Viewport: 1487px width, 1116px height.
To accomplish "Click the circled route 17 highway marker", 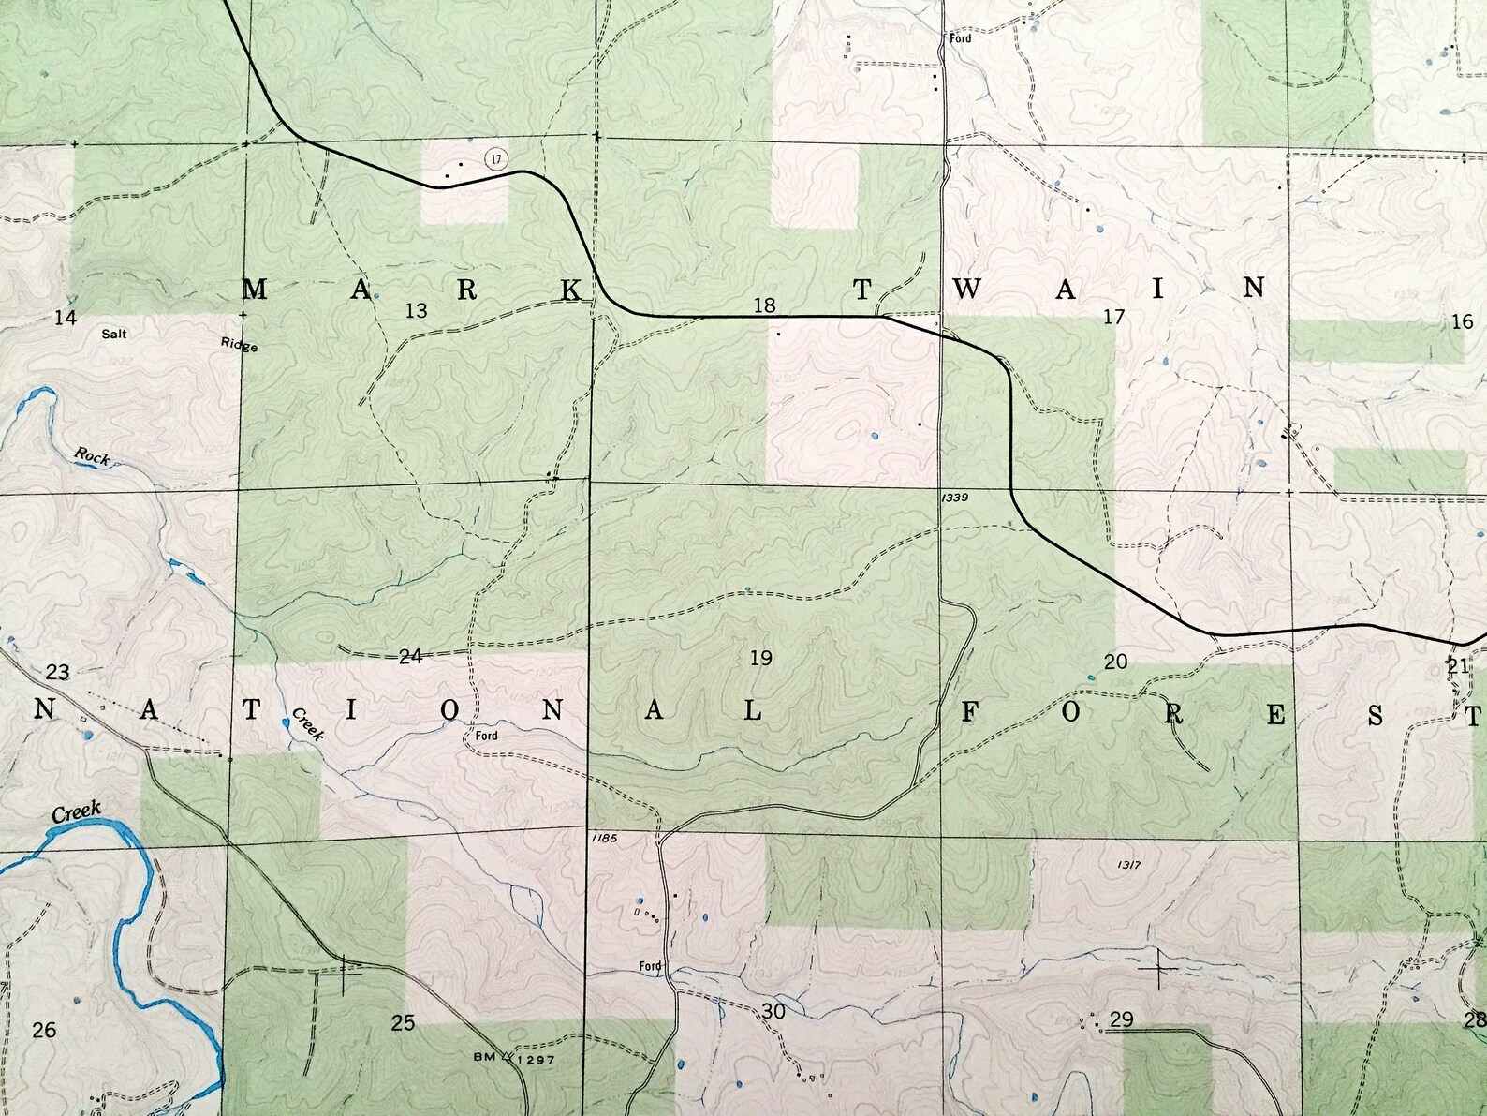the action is click(x=495, y=158).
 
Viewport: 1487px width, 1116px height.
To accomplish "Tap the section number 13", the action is click(x=416, y=310).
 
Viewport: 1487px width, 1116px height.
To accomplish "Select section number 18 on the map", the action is click(x=765, y=305).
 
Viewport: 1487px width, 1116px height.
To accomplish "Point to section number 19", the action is click(x=761, y=659).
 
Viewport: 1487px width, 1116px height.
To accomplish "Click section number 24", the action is click(x=410, y=657).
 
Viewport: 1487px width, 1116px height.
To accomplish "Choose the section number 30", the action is click(x=773, y=1011).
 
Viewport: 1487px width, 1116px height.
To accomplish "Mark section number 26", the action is click(x=44, y=1031).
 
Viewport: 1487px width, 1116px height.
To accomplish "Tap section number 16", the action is click(x=1462, y=322).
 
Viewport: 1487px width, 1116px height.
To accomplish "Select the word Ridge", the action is click(x=239, y=344).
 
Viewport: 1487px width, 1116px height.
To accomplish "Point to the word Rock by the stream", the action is click(x=93, y=457).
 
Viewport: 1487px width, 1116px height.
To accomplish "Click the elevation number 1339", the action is click(x=955, y=498).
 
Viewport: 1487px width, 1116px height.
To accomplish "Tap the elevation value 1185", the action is click(x=605, y=838).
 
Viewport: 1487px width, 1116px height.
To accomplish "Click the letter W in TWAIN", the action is click(x=966, y=290).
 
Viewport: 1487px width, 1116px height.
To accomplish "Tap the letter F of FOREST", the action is click(x=970, y=714).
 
